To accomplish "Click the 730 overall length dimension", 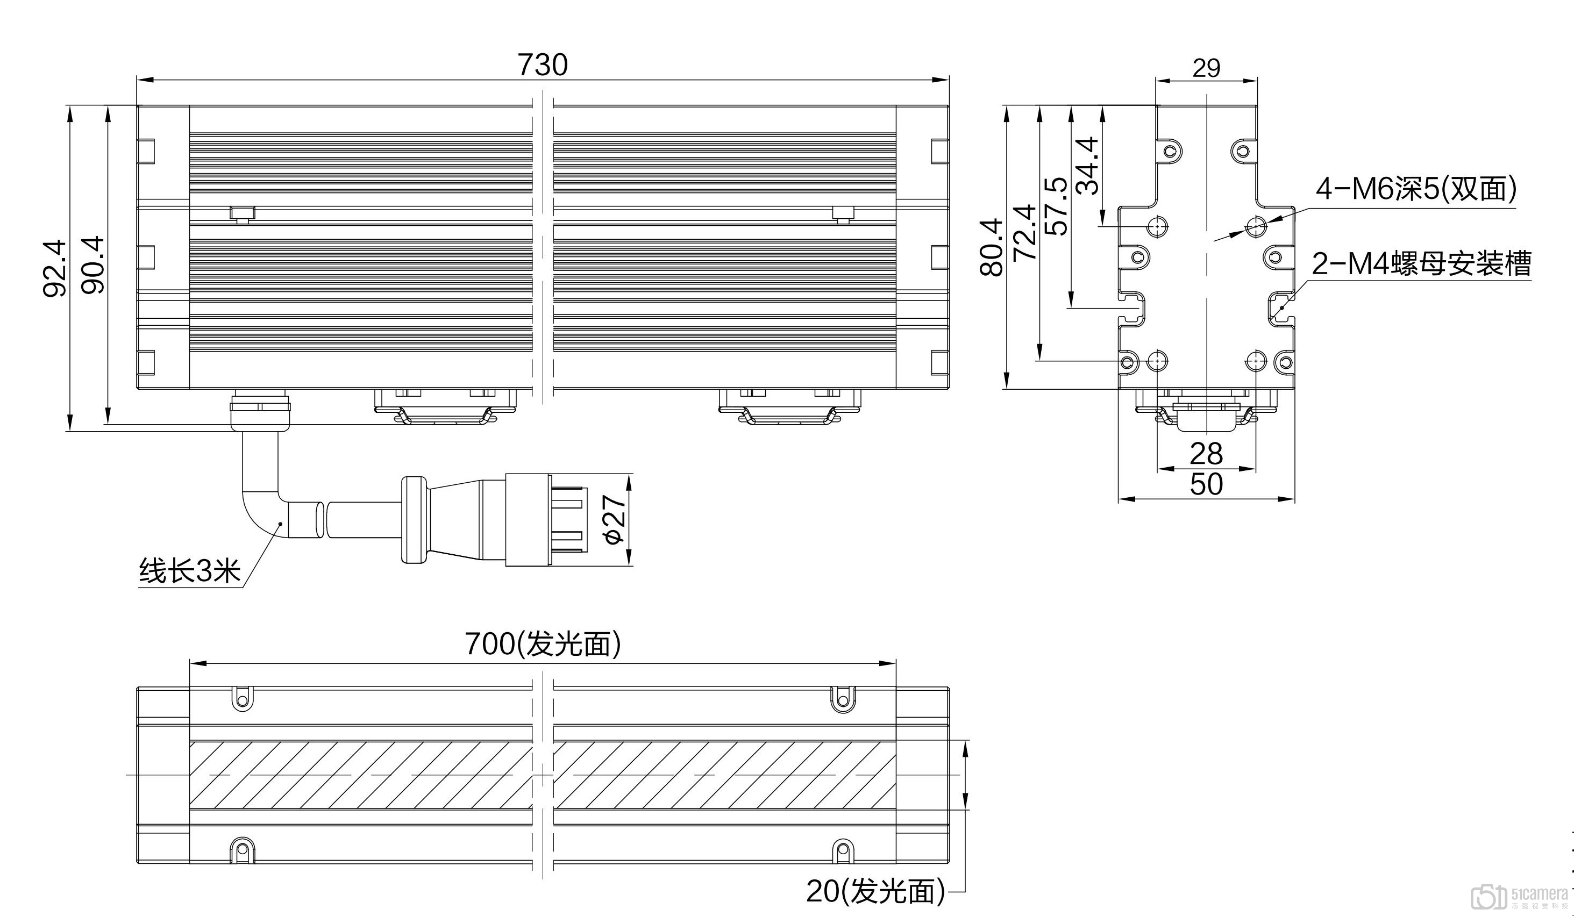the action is tap(542, 65).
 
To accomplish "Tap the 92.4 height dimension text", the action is tap(54, 268).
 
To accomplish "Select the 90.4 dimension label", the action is tap(93, 264).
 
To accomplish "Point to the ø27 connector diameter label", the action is tap(615, 519).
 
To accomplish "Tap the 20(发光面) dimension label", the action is tap(875, 892).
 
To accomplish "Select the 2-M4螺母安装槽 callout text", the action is tap(1421, 263).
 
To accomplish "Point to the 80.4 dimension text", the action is tap(991, 247).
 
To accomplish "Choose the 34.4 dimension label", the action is tap(1088, 166).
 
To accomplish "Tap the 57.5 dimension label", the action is tap(1056, 206).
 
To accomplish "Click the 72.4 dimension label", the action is tap(1024, 232).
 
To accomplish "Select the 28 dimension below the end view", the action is tap(1206, 454).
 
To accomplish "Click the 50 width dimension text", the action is tap(1206, 484).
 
